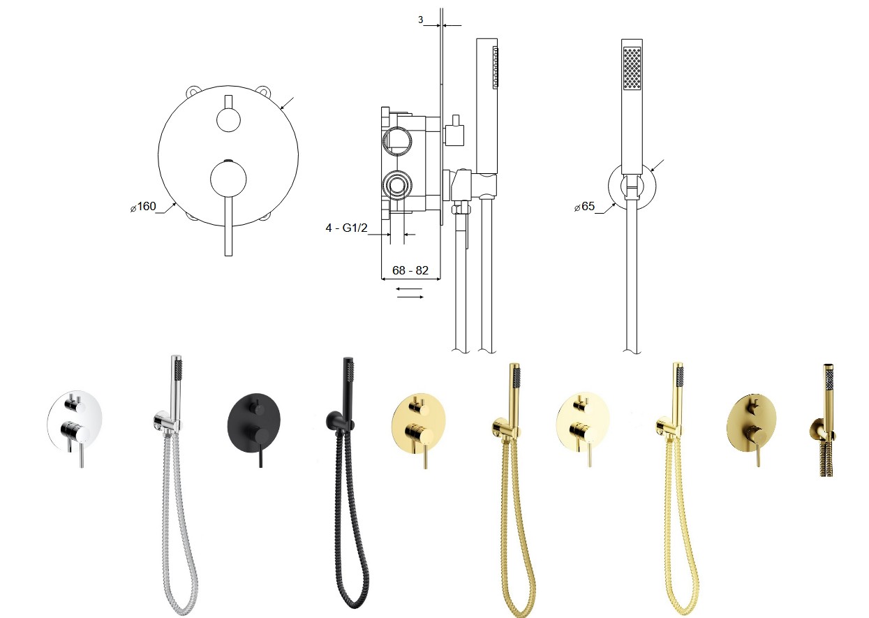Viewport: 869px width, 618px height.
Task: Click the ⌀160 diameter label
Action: click(143, 207)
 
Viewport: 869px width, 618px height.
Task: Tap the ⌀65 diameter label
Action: click(585, 207)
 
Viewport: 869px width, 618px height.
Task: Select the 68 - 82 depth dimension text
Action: click(410, 270)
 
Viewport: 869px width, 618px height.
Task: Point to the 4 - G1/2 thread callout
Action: click(346, 228)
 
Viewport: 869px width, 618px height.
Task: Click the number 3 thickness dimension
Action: click(420, 20)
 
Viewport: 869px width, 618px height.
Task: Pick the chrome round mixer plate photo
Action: click(75, 422)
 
